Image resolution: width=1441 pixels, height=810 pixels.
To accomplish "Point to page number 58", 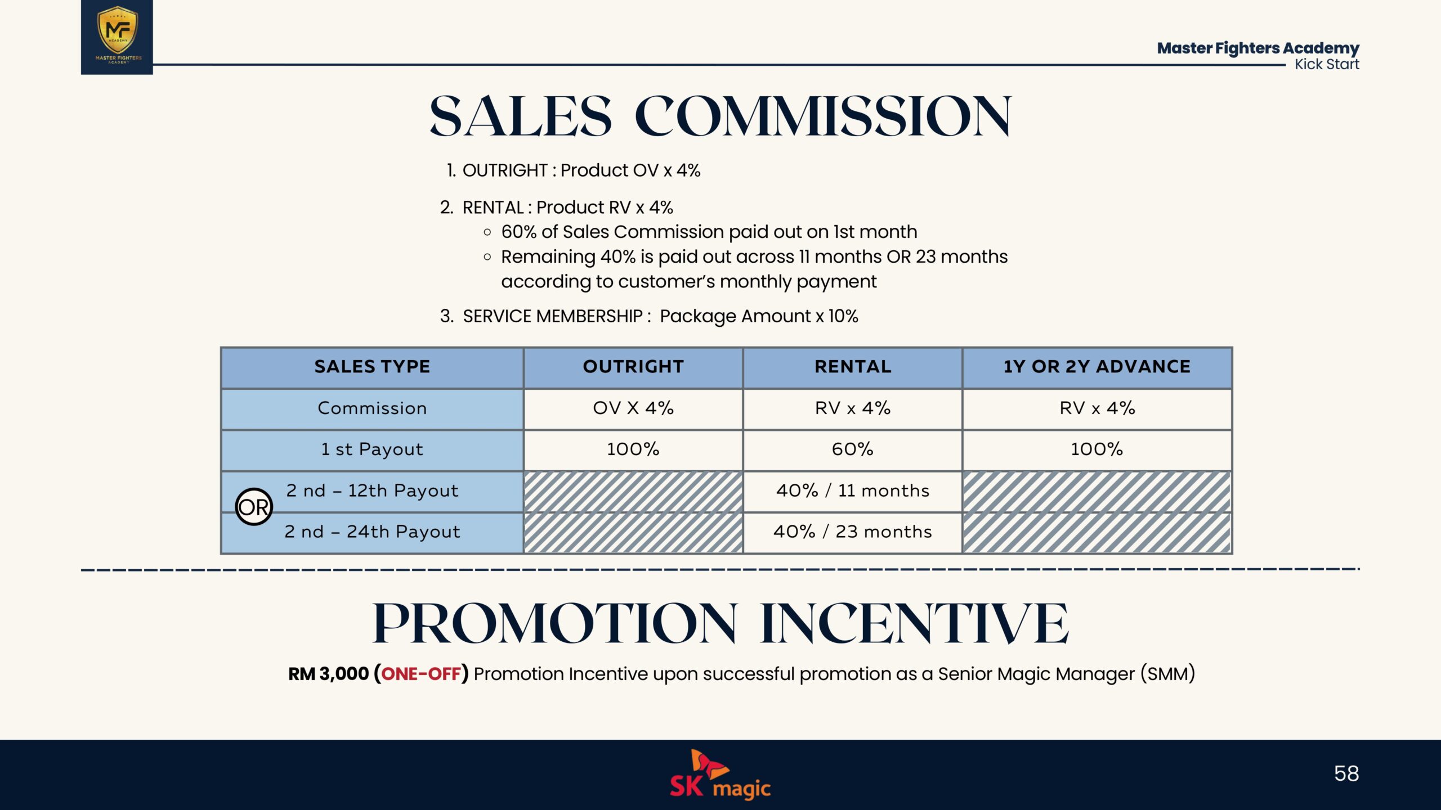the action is pyautogui.click(x=1346, y=773).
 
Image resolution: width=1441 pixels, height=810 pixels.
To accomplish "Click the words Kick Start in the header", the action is pyautogui.click(x=1327, y=64).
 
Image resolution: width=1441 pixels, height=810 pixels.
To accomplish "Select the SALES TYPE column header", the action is pyautogui.click(x=372, y=367).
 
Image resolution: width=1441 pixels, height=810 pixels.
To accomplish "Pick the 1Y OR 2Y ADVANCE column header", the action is pyautogui.click(x=1097, y=367).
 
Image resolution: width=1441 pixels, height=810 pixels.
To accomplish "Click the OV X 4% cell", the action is pyautogui.click(x=633, y=408).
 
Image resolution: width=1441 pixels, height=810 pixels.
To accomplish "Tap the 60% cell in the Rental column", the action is pyautogui.click(x=853, y=449).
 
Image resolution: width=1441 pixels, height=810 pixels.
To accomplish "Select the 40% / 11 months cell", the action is pyautogui.click(x=853, y=490).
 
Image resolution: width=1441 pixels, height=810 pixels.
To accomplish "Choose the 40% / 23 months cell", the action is pyautogui.click(x=853, y=532).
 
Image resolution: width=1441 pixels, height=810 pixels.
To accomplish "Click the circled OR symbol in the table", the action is pyautogui.click(x=254, y=507).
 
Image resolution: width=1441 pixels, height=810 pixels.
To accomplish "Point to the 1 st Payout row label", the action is pyautogui.click(x=372, y=449).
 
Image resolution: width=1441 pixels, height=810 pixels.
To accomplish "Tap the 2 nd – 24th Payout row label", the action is pyautogui.click(x=372, y=532).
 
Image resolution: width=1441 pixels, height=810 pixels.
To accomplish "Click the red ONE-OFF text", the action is pyautogui.click(x=421, y=673).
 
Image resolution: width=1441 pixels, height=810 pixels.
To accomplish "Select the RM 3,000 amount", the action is pyautogui.click(x=328, y=673).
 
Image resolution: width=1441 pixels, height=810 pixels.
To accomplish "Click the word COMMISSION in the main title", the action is pyautogui.click(x=824, y=116).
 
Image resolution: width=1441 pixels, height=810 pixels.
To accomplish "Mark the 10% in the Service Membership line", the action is pyautogui.click(x=843, y=316).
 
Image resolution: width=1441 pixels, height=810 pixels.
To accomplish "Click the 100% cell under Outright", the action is pyautogui.click(x=633, y=449).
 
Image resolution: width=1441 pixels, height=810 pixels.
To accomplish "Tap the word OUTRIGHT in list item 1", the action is pyautogui.click(x=505, y=170).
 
